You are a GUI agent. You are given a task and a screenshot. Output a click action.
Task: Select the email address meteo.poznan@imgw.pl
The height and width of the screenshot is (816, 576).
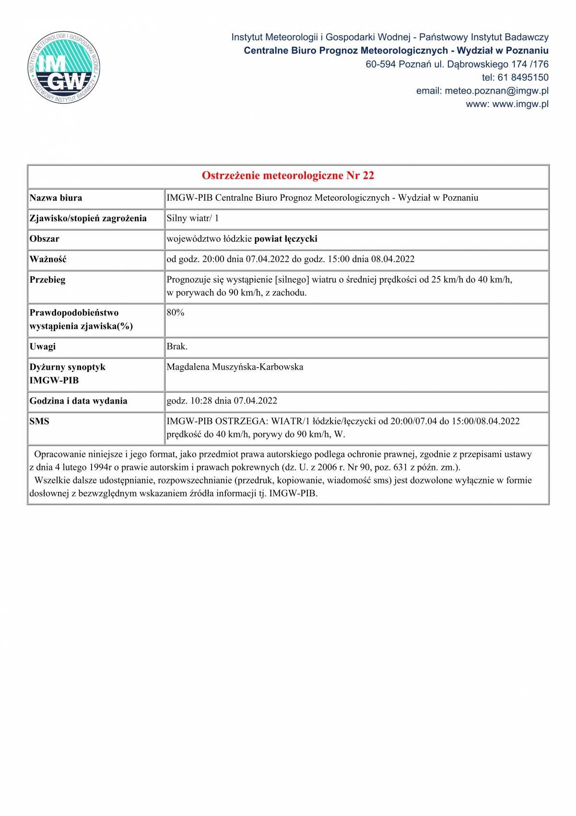tap(496, 91)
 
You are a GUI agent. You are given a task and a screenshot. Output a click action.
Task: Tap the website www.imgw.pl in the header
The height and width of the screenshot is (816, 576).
tap(520, 104)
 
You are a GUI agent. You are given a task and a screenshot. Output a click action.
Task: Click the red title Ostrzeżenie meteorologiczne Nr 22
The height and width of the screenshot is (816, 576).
tap(288, 176)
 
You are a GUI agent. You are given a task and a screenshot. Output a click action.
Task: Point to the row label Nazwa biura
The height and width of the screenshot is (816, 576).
tap(56, 198)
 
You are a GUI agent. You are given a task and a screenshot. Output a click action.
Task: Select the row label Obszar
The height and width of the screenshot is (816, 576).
tap(45, 239)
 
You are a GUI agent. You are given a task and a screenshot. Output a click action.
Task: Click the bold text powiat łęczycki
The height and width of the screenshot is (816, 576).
tap(286, 239)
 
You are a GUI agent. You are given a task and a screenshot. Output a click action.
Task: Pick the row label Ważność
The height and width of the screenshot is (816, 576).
tap(48, 259)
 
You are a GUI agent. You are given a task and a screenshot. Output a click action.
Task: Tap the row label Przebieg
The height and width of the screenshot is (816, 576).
tap(47, 279)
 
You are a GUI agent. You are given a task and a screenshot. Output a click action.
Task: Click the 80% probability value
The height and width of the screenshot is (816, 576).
tap(176, 312)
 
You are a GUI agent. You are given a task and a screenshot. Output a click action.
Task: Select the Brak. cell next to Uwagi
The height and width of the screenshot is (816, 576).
tap(177, 346)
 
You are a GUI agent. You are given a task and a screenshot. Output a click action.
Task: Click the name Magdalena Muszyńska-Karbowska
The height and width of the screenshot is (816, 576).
tap(235, 367)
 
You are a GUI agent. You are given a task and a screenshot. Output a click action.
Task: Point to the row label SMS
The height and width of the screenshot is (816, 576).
tap(39, 421)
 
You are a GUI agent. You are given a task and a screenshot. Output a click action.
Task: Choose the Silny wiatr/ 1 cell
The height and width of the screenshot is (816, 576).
tap(192, 218)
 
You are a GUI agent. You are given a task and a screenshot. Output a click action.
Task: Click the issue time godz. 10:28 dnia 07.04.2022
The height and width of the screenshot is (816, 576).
tap(222, 401)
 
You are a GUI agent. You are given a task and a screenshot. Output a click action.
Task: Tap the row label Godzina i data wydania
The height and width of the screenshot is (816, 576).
tap(78, 401)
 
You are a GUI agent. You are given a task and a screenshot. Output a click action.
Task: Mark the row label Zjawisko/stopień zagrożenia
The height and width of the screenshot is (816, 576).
tap(88, 218)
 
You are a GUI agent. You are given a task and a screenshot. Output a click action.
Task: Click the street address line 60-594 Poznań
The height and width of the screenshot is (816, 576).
tap(457, 64)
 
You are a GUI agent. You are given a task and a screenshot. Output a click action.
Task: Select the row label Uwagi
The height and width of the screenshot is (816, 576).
tap(43, 346)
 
